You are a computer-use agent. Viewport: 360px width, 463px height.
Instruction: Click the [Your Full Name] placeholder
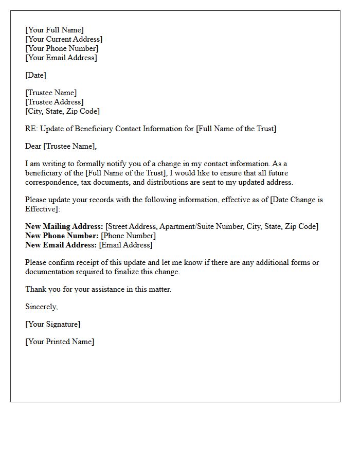[55, 30]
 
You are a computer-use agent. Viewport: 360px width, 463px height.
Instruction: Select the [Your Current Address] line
[64, 39]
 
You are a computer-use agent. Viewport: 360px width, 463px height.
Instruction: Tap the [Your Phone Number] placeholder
[62, 48]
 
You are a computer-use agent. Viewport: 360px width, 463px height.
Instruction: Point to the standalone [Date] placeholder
[35, 75]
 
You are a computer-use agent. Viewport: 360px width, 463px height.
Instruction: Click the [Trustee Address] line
[54, 102]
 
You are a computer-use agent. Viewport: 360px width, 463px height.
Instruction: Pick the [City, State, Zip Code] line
[62, 111]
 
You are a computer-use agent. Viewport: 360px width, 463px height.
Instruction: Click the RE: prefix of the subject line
[31, 129]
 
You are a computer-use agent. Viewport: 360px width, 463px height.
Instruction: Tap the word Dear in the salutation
[33, 146]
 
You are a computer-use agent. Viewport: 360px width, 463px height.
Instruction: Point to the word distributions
[165, 182]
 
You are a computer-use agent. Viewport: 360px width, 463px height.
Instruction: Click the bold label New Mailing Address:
[64, 226]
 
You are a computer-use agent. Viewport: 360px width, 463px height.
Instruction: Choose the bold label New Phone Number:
[62, 236]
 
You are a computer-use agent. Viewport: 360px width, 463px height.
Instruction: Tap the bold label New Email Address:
[61, 245]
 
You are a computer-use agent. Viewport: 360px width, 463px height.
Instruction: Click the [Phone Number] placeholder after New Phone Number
[128, 236]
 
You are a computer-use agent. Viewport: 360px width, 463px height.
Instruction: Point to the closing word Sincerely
[41, 307]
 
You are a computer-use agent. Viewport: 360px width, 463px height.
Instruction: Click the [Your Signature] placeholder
[52, 324]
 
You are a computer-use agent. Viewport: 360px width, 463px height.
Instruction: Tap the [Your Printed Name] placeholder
[60, 342]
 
